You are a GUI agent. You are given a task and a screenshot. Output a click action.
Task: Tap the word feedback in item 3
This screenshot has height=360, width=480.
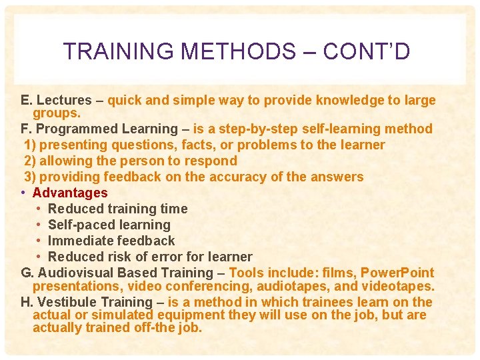coord(130,177)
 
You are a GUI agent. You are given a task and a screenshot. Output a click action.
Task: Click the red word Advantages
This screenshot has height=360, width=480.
coord(70,193)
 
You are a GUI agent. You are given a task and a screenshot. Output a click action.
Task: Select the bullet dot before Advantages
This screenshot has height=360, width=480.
coord(23,193)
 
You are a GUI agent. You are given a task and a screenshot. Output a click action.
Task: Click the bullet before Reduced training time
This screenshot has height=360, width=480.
coord(40,209)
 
